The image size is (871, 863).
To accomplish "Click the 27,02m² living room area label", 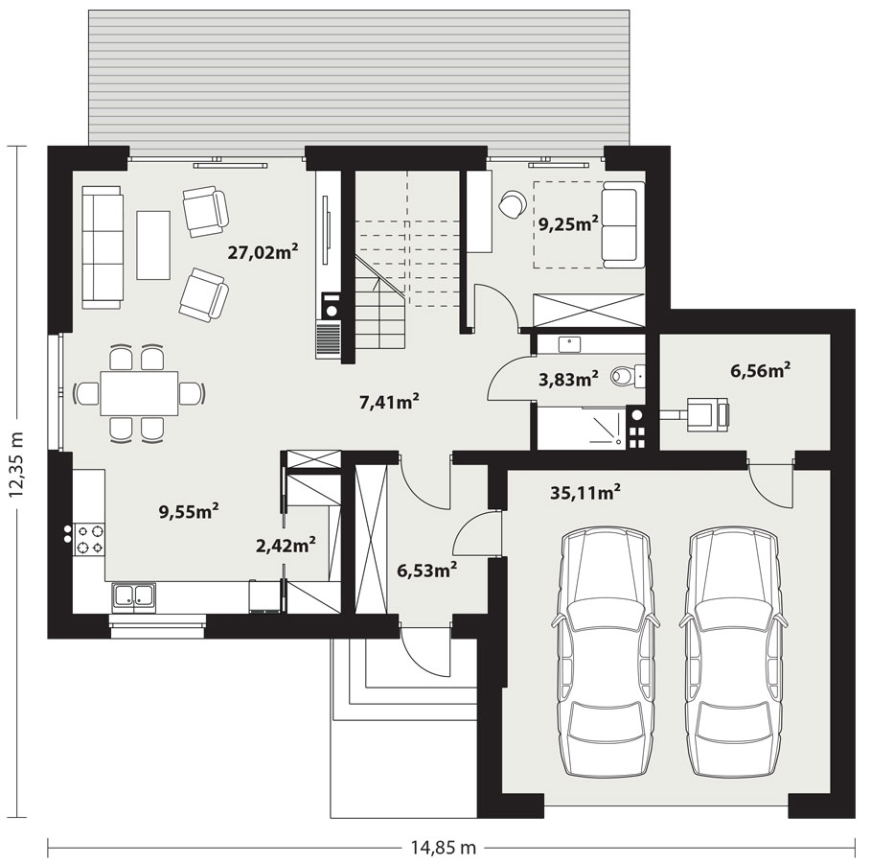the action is pyautogui.click(x=264, y=252).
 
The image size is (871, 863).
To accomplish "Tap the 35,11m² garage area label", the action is pyautogui.click(x=584, y=492).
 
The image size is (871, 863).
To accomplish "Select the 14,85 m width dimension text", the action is pyautogui.click(x=444, y=847).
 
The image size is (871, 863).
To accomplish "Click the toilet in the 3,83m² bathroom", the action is pyautogui.click(x=627, y=377).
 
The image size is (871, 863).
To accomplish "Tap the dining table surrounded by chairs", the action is pyautogui.click(x=140, y=393).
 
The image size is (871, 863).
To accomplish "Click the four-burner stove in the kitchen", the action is pyautogui.click(x=90, y=539).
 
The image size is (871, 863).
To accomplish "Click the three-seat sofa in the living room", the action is pyautogui.click(x=102, y=247).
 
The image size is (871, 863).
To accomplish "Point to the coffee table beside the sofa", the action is pyautogui.click(x=153, y=245).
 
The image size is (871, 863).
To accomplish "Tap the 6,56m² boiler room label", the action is pyautogui.click(x=761, y=370).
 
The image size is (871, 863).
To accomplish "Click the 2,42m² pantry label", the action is pyautogui.click(x=286, y=546).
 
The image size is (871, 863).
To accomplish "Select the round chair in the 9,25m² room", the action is pyautogui.click(x=512, y=203).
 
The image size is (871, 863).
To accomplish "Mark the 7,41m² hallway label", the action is pyautogui.click(x=389, y=402).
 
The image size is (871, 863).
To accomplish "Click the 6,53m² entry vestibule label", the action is pyautogui.click(x=427, y=570).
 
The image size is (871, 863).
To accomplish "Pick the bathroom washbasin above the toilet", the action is pyautogui.click(x=569, y=345).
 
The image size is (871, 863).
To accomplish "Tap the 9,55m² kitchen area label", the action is pyautogui.click(x=189, y=511).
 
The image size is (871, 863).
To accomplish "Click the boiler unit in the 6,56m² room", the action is pyautogui.click(x=708, y=414).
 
